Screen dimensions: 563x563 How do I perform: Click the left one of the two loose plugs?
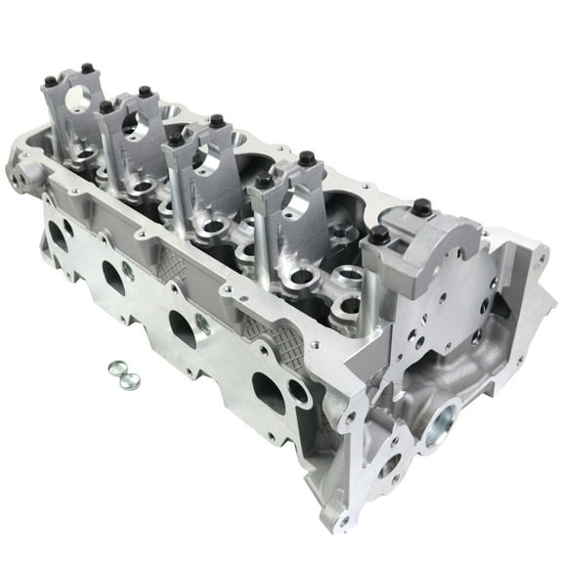(x=110, y=369)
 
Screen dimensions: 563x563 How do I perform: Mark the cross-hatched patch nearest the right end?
(x=284, y=338)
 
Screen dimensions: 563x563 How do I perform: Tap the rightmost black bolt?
(x=424, y=207)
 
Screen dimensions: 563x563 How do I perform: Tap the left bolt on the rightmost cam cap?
(x=378, y=236)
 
